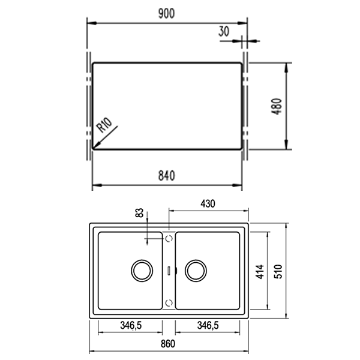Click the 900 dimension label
166,14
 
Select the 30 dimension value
224,31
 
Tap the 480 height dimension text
277,106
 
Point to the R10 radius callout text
104,125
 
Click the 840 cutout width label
166,176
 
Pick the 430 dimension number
208,203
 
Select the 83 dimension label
139,213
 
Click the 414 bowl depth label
260,272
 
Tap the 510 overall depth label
278,272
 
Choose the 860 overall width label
168,344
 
